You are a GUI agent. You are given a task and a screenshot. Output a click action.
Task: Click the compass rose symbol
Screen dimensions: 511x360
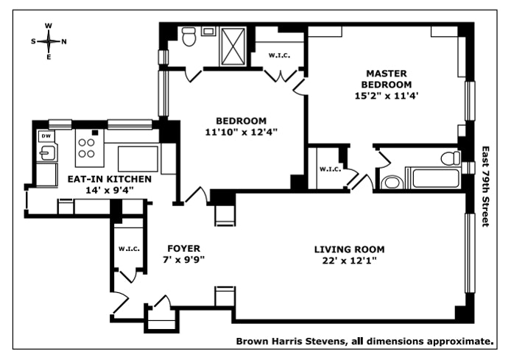click(x=49, y=41)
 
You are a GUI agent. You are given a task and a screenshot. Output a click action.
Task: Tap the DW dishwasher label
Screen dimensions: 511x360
click(x=45, y=136)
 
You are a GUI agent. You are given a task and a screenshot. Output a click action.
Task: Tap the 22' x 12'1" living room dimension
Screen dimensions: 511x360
click(x=350, y=261)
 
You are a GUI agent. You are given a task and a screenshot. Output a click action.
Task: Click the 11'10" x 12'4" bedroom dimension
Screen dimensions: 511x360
click(x=241, y=133)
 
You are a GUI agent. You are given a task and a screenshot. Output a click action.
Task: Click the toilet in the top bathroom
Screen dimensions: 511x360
click(x=187, y=35)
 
